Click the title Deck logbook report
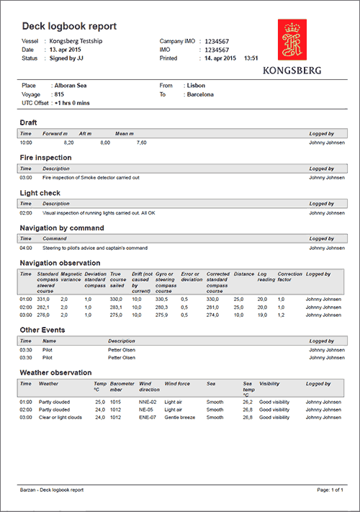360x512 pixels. point(69,27)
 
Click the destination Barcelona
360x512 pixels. point(200,94)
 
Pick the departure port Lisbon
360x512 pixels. point(195,85)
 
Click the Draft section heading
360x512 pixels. point(28,122)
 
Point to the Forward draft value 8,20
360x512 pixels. point(69,143)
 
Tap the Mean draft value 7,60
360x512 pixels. point(141,143)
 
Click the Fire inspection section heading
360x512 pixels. point(45,157)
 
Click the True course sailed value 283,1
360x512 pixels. point(116,307)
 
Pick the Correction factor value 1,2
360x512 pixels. point(282,315)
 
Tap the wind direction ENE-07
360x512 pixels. point(149,417)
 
